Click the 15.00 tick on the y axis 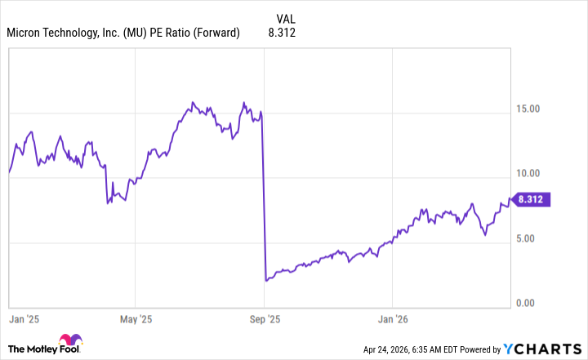pyautogui.click(x=534, y=109)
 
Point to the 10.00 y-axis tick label pyautogui.click(x=534, y=174)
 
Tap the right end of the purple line pyautogui.click(x=511, y=198)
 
